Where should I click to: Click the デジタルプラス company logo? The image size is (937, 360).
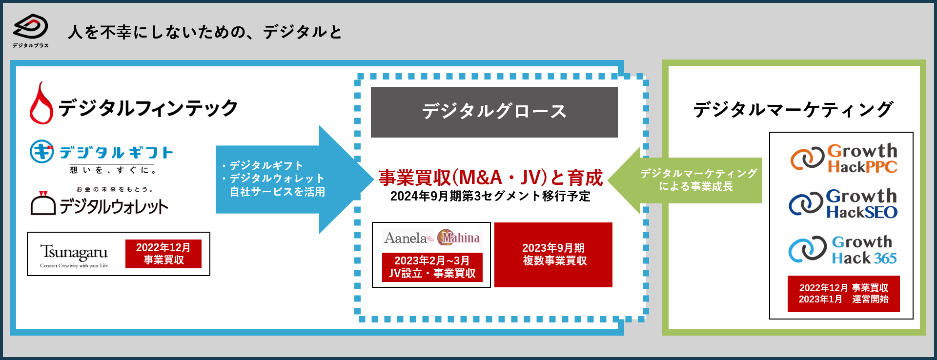pos(30,29)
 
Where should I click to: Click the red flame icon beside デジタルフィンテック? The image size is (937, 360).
pos(41,104)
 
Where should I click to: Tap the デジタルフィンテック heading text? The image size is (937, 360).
pos(148,108)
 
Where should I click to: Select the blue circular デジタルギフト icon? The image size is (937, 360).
pos(41,152)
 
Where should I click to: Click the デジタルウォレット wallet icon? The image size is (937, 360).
pos(43,204)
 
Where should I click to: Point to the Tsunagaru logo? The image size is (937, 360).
pos(74,255)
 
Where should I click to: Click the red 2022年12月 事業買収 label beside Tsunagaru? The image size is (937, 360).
pos(163,254)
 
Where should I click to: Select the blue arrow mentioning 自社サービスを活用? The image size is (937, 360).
pos(288,179)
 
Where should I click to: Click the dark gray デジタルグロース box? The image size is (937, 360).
pos(494,112)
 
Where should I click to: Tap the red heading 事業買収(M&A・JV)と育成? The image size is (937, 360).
pos(490,178)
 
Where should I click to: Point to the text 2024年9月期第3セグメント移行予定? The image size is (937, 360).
pos(490,196)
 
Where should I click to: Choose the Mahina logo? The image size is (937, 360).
pos(459,238)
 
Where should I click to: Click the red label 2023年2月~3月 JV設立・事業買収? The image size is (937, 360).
pos(432,267)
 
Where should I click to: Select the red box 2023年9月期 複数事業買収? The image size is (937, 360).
pos(553,255)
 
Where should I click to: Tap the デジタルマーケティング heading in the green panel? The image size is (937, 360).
pos(793,109)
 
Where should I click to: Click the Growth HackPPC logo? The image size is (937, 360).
pos(844,159)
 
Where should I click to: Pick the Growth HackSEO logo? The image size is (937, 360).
pos(843,204)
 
